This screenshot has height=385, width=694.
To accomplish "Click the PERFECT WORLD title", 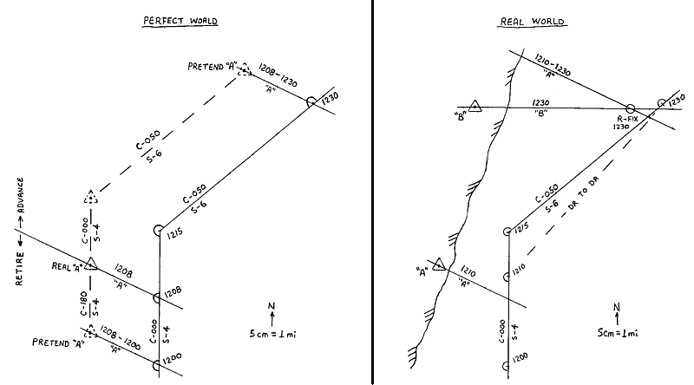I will [x=179, y=21].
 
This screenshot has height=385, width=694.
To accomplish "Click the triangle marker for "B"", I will [x=475, y=107].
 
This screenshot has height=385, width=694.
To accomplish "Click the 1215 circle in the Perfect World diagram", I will [x=159, y=230].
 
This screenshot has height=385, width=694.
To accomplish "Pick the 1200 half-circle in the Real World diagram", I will [x=506, y=356].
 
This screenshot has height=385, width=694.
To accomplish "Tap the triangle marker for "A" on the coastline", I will [x=439, y=264].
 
